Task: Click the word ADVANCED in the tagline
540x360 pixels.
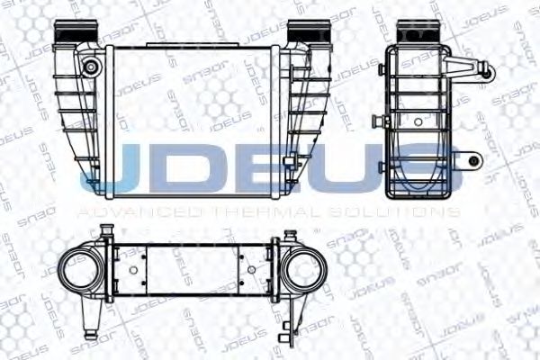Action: (x=121, y=211)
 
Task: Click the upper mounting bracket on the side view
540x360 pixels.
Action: (x=472, y=68)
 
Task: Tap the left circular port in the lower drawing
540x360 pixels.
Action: (x=80, y=269)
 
